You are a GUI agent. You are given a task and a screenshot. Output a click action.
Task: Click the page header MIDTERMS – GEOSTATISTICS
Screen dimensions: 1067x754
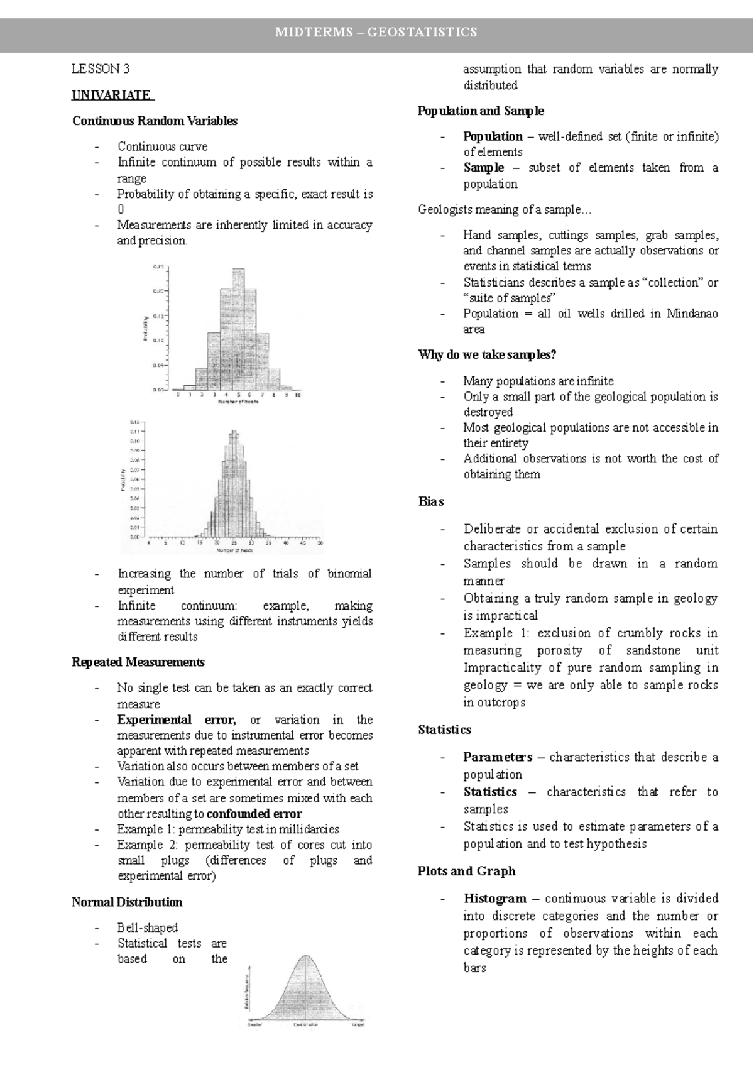pos(376,32)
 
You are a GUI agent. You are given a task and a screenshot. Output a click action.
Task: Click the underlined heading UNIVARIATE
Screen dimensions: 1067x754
pos(111,96)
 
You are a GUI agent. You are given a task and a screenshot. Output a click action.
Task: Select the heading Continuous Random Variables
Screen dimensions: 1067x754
pos(155,121)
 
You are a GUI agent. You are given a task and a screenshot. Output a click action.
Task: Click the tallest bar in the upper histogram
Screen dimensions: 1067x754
pos(238,327)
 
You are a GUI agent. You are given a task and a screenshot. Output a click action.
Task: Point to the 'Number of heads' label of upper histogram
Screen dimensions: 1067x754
pos(238,402)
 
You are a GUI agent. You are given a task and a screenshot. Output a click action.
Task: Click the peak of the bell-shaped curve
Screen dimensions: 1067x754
pos(306,958)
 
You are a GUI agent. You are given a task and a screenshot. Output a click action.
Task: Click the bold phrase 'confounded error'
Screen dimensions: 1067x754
pos(254,814)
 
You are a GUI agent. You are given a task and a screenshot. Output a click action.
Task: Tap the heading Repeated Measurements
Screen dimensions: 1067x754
pos(138,662)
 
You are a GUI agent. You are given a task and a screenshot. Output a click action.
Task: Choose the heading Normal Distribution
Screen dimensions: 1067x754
pos(127,902)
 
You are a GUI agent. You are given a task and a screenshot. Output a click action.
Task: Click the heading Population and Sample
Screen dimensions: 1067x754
pos(481,111)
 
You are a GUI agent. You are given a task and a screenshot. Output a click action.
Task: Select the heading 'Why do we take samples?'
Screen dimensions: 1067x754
pos(487,355)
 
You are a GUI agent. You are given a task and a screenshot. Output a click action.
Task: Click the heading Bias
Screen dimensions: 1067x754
pos(430,501)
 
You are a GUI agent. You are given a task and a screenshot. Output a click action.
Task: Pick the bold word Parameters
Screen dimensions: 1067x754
pos(498,757)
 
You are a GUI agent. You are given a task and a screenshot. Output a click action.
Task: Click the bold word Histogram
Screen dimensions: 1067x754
pos(494,899)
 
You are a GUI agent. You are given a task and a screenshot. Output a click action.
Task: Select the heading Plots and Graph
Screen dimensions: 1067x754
pos(466,872)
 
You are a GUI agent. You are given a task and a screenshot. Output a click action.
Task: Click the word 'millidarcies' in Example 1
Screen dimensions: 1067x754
pos(309,829)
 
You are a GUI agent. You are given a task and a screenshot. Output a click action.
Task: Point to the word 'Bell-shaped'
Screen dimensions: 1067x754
pos(147,928)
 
